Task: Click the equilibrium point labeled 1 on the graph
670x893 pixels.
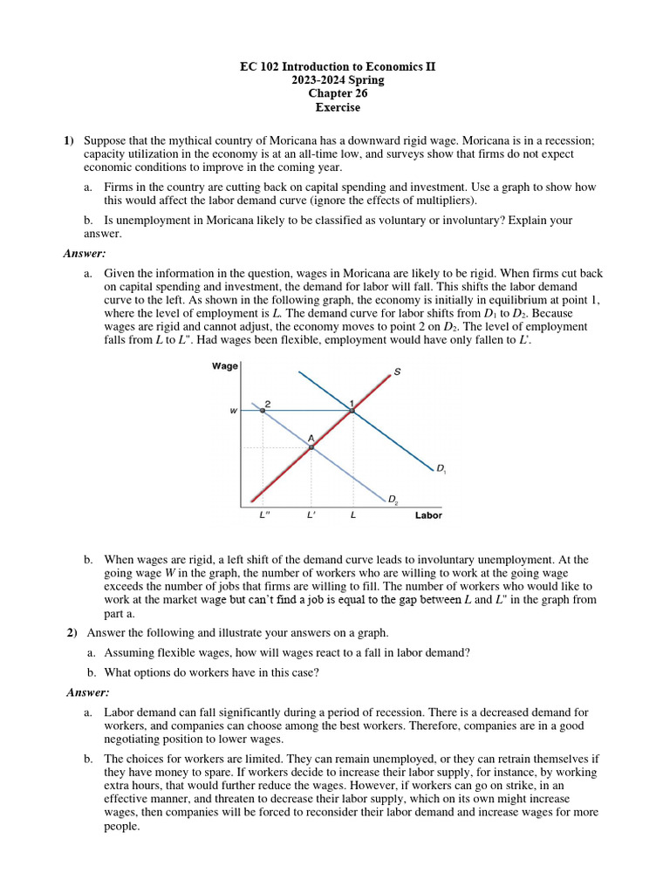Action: (x=352, y=410)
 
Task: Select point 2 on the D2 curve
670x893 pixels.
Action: (x=263, y=410)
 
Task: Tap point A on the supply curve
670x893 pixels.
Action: (x=311, y=446)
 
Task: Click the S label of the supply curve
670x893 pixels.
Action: (x=397, y=372)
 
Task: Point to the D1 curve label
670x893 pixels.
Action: (x=441, y=470)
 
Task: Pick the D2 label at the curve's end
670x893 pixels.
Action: (x=393, y=500)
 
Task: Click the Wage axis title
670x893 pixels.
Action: (x=224, y=366)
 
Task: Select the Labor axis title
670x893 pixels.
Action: (x=427, y=515)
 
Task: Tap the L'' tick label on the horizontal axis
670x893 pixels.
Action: (x=265, y=515)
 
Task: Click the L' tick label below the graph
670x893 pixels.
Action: (x=311, y=515)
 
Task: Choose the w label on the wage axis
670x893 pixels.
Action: (x=233, y=411)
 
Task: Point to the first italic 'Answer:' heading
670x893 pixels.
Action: (x=85, y=254)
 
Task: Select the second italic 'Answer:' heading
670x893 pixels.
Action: (x=88, y=692)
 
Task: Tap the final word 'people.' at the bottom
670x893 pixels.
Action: (x=122, y=827)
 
